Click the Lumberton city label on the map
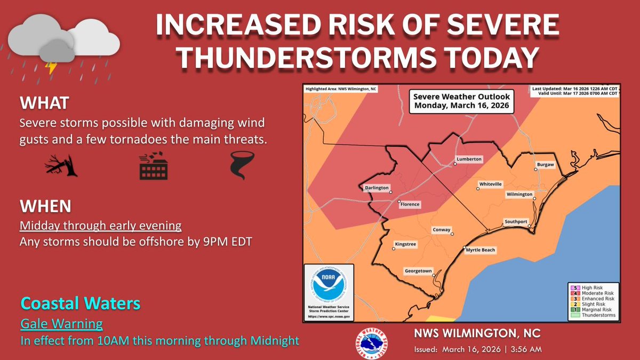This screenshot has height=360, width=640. point(469,159)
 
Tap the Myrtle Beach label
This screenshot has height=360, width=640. point(481,250)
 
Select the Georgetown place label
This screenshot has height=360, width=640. point(418,270)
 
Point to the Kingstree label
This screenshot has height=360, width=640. point(405,244)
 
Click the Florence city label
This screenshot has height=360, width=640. point(410,204)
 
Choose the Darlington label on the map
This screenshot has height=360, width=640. point(376,188)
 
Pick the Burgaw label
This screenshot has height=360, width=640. point(546,165)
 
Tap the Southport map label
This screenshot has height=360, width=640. point(516,221)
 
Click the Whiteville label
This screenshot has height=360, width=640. point(491,184)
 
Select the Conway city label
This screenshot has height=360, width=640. point(442,230)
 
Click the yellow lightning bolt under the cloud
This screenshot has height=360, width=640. point(52,68)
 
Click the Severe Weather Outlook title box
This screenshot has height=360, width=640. point(461,101)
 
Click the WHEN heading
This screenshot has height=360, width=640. point(45,205)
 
